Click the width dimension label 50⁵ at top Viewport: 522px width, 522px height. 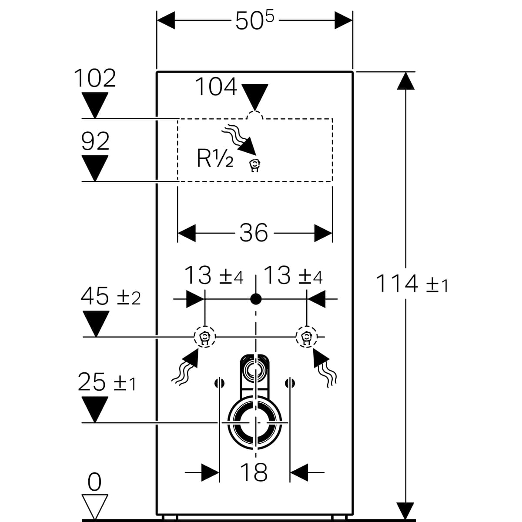(255, 20)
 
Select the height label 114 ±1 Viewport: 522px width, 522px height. (411, 284)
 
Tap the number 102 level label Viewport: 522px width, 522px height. (95, 79)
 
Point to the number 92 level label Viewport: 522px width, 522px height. (95, 141)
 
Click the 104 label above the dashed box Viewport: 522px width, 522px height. (216, 87)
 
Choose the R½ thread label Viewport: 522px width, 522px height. (215, 159)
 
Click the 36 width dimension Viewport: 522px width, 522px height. (254, 233)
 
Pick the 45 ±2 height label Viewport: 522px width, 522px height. (110, 297)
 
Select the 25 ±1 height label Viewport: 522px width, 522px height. (107, 382)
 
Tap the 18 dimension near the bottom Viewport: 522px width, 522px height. (254, 472)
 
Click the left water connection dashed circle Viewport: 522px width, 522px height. (204, 337)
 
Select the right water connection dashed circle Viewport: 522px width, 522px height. (307, 337)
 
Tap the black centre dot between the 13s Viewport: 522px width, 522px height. (256, 299)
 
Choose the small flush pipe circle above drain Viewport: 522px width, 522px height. (254, 370)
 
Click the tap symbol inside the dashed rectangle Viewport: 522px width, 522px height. (254, 165)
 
